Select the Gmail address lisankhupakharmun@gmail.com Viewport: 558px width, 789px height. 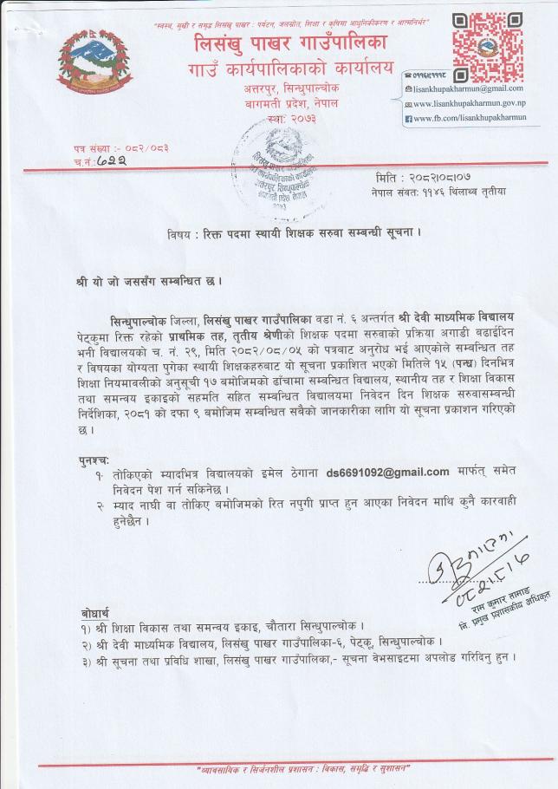coord(468,88)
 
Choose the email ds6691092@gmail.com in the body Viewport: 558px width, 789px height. coord(387,472)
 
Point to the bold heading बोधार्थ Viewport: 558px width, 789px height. coord(94,612)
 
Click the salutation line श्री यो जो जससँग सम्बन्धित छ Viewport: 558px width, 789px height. coord(149,281)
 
